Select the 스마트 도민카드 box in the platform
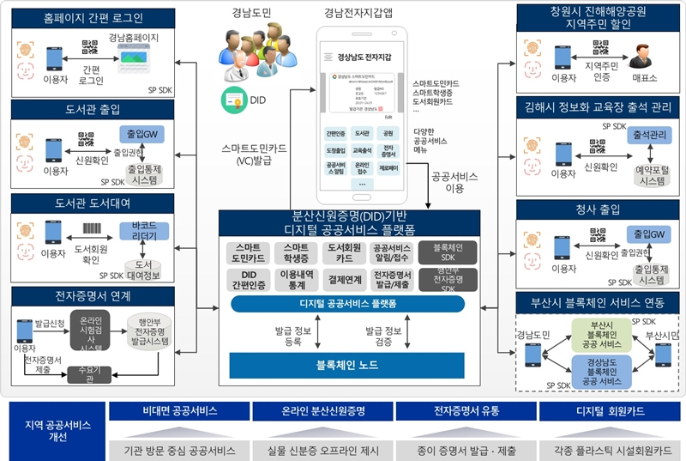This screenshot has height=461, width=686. point(249,252)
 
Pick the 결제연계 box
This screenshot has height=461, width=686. point(344,279)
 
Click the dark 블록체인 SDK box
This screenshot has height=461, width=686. point(441,252)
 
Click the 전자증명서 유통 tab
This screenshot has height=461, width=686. point(466,410)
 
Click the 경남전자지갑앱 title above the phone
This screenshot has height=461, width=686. point(358,13)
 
